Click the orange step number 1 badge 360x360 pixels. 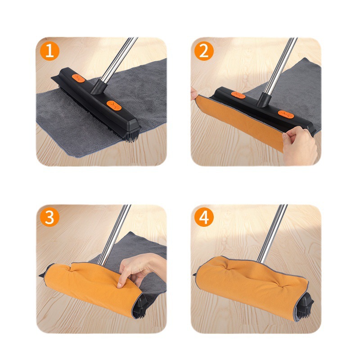pyautogui.click(x=49, y=51)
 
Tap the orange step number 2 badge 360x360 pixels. pyautogui.click(x=204, y=51)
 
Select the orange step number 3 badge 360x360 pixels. pyautogui.click(x=49, y=217)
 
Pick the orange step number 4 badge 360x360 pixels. pyautogui.click(x=204, y=217)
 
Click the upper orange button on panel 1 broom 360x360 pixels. pyautogui.click(x=78, y=78)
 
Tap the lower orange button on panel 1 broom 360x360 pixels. pyautogui.click(x=114, y=105)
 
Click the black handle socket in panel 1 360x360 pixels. pyautogui.click(x=99, y=87)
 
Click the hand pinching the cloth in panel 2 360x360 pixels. pyautogui.click(x=299, y=145)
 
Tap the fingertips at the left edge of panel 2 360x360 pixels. pyautogui.click(x=194, y=94)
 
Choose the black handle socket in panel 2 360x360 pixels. pyautogui.click(x=264, y=100)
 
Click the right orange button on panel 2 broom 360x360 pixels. pyautogui.click(x=286, y=114)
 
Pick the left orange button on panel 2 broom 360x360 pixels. pyautogui.click(x=238, y=95)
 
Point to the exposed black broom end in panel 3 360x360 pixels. pyautogui.click(x=140, y=306)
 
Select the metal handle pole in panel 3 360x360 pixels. pyautogui.click(x=114, y=234)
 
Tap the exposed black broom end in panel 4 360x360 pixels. pyautogui.click(x=305, y=306)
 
